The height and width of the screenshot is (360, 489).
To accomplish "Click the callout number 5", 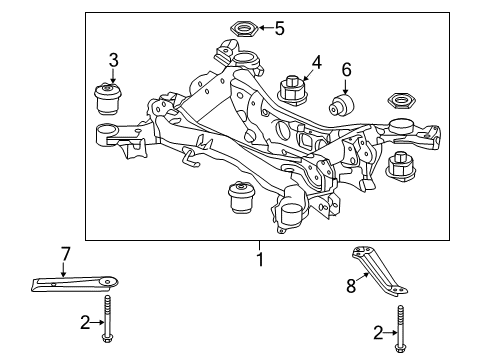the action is tap(279, 28).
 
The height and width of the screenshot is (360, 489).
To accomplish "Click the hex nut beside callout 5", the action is tap(244, 28).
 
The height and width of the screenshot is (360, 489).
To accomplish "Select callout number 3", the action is tap(113, 60).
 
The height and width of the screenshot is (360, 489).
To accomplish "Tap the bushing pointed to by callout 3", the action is tap(108, 99).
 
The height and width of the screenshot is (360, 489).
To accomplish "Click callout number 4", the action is tap(316, 63).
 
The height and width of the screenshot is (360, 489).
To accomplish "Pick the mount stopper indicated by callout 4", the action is tap(292, 90).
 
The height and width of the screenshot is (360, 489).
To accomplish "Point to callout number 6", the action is tap(346, 70).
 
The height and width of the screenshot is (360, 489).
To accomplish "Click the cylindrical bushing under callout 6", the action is tap(341, 104).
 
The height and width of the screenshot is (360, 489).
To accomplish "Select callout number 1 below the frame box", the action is tap(260, 259).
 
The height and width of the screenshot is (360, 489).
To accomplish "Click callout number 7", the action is tap(65, 254).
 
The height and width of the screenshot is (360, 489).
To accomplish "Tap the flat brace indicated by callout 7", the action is tap(75, 284).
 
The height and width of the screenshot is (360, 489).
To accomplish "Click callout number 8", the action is tap(351, 286).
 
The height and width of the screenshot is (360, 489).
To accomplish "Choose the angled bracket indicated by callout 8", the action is tap(380, 271).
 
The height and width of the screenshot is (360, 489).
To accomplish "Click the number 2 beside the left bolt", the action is tap(85, 322).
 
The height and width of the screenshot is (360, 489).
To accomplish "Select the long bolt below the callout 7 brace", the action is tap(107, 319).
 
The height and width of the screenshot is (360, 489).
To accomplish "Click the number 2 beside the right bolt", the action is tap(378, 333).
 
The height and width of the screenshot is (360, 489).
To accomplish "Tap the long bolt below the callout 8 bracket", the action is tap(400, 329).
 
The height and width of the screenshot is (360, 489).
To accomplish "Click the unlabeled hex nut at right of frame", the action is tap(402, 100).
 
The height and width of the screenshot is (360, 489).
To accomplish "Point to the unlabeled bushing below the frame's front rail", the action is tap(241, 197).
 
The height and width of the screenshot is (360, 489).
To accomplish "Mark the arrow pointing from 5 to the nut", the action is tap(266, 28).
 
